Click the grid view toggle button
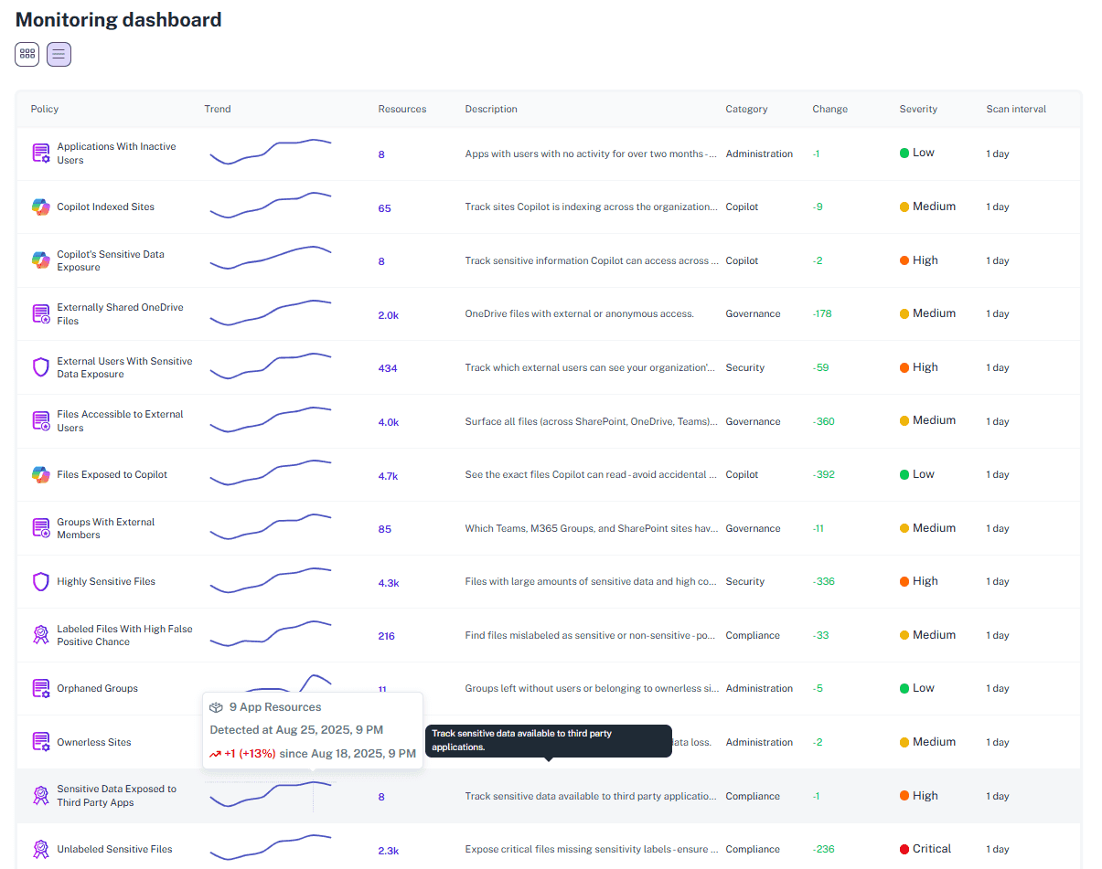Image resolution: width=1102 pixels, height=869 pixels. coord(27,54)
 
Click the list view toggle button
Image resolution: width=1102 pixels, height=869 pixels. coord(59,54)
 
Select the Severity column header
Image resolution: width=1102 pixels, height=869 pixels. coord(918,109)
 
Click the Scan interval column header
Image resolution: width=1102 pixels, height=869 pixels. coord(1016,109)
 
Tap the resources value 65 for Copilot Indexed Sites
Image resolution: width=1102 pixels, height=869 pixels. coord(384,208)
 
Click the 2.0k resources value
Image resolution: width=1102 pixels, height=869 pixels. coord(388,315)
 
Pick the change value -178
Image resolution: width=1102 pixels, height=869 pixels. coord(822,313)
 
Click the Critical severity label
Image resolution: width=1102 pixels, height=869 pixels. coord(932,849)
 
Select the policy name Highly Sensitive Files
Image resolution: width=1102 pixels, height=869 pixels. coord(106,581)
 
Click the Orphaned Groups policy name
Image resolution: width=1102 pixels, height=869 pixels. coord(97,688)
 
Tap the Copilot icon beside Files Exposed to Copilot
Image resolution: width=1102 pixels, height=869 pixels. coord(40,474)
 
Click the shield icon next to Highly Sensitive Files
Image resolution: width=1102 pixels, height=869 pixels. coord(40,581)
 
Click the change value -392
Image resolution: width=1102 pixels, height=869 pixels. coord(823,474)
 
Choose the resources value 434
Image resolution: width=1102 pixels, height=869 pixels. coord(388,368)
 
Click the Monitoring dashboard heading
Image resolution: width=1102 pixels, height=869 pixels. coord(119,19)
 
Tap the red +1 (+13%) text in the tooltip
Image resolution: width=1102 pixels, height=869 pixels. coord(250,754)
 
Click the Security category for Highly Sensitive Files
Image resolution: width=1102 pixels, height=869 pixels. coord(745,581)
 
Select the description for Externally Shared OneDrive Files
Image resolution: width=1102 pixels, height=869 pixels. coord(579,313)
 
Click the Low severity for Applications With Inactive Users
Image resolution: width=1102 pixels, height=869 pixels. coord(923,153)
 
